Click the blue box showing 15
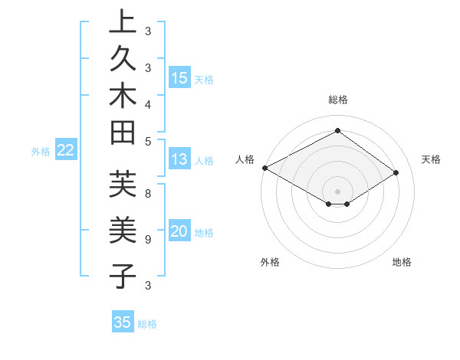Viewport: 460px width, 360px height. tap(179, 78)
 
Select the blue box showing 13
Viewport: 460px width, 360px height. tap(179, 159)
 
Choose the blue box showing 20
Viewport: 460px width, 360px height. tap(179, 232)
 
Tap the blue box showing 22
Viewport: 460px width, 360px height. tap(66, 151)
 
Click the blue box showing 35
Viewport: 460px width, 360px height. tap(123, 322)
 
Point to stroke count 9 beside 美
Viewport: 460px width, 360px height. tap(147, 239)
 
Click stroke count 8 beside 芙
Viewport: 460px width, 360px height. tap(147, 194)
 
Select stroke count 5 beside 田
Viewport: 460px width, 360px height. tap(147, 140)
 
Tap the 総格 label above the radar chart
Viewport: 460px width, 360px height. tap(338, 100)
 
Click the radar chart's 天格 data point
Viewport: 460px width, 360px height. tap(396, 172)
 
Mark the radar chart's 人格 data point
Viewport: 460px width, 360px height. tap(264, 168)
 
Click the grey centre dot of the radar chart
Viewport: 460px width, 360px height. tap(338, 191)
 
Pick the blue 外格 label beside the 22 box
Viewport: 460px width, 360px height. tap(41, 152)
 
